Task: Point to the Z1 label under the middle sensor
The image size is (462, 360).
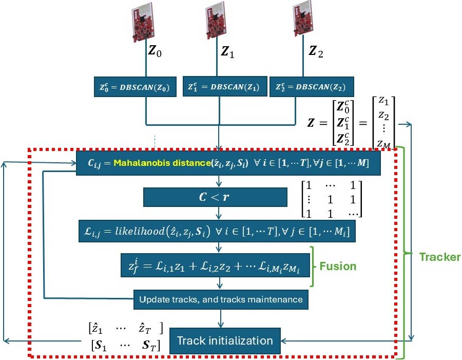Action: click(227, 51)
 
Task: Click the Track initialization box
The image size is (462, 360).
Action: click(224, 340)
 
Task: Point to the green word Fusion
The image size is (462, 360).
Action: click(338, 267)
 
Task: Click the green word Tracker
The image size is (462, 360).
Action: click(439, 257)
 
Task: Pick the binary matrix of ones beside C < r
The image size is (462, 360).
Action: click(331, 198)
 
